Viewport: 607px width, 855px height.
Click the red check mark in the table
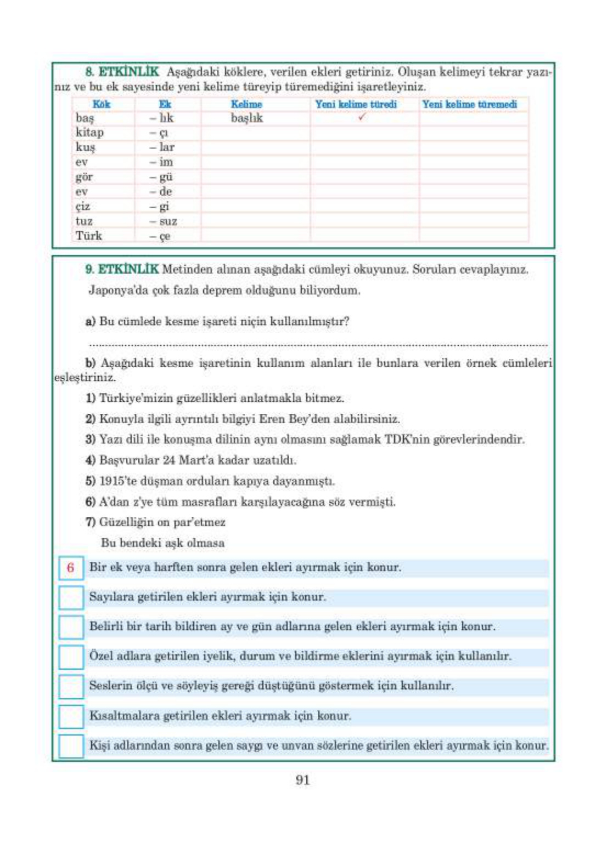point(361,117)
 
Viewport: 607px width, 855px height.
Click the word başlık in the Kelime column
point(246,118)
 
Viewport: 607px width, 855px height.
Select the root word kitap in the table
point(89,132)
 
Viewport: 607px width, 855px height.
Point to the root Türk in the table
point(88,236)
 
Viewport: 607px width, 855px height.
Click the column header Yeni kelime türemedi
point(469,104)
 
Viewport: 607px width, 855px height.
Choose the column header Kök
point(101,104)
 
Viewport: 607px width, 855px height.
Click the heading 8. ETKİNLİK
point(122,72)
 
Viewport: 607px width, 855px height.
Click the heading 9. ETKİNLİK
point(122,269)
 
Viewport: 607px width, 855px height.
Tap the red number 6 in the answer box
point(70,568)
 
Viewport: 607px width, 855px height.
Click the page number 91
point(303,780)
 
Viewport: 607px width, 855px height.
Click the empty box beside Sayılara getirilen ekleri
point(71,597)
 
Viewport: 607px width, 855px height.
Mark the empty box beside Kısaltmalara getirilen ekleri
point(71,716)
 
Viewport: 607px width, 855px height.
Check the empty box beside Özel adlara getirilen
point(71,657)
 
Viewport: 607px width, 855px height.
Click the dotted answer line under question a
point(318,345)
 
